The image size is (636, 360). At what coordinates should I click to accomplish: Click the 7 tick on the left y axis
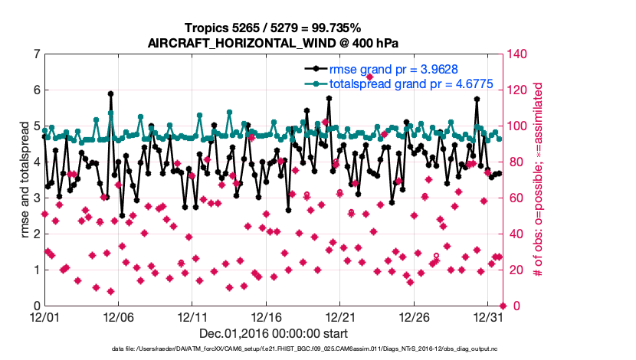36,54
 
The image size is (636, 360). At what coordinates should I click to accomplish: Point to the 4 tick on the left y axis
36,162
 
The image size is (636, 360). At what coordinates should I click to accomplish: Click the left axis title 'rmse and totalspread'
24,180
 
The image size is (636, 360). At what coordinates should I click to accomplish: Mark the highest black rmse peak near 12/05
111,94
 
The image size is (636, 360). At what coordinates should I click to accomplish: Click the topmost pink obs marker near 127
369,77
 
